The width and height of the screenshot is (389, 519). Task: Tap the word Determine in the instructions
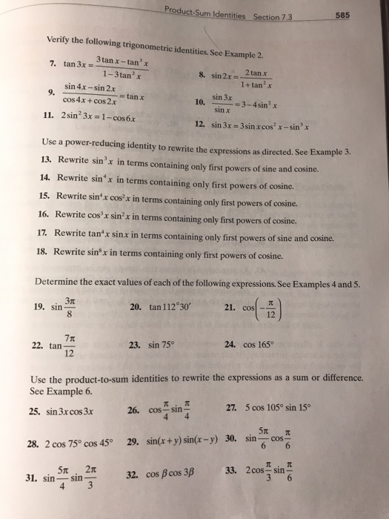(x=62, y=281)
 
